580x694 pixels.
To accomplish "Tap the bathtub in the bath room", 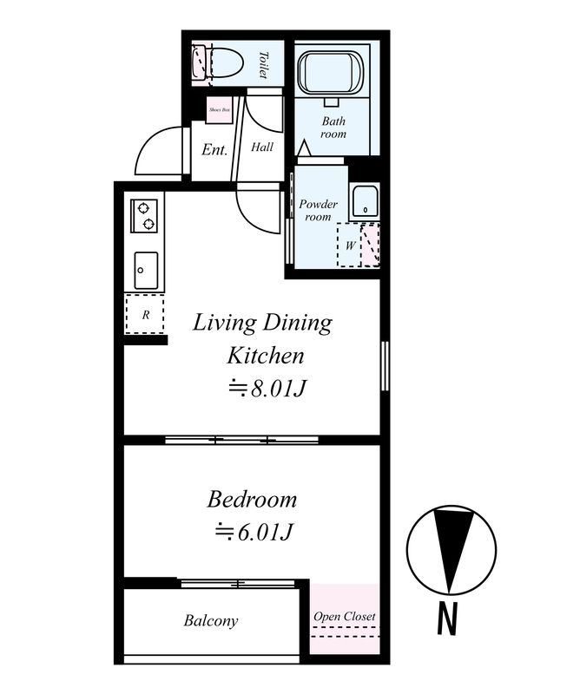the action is click(332, 73).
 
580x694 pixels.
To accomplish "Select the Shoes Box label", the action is click(220, 109).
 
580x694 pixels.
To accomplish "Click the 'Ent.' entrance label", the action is click(214, 149).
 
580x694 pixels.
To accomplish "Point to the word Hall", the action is click(262, 147).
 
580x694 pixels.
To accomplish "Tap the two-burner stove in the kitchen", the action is click(144, 215).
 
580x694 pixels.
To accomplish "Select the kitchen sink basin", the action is click(146, 271).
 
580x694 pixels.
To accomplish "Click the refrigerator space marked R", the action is click(145, 314).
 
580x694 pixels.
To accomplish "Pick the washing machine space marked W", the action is click(349, 246).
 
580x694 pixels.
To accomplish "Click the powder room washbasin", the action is click(364, 202).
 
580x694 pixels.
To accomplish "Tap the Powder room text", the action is click(318, 210).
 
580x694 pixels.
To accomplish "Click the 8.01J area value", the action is click(267, 389).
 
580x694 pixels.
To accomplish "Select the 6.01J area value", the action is click(254, 532).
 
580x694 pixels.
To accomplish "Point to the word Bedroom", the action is click(252, 500).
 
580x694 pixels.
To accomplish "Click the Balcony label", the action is click(211, 620).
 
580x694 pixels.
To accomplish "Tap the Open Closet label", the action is click(345, 617).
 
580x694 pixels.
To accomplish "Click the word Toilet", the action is click(264, 65).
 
